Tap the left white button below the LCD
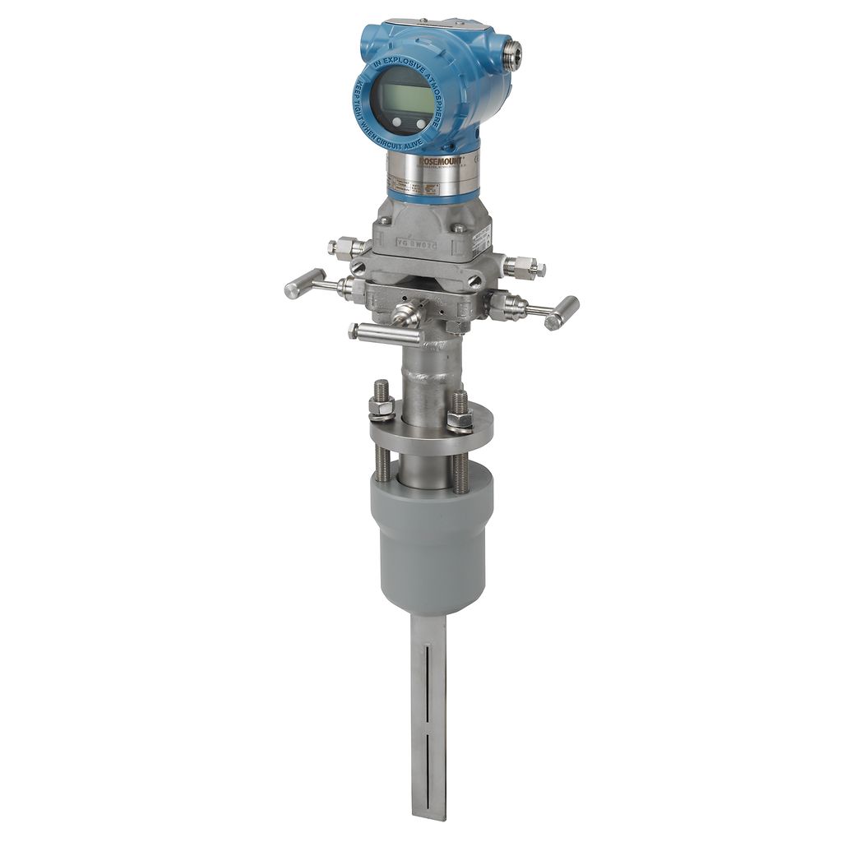click(x=397, y=123)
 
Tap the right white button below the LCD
click(x=421, y=123)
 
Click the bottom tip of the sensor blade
click(x=429, y=816)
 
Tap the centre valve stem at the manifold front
click(x=405, y=312)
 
